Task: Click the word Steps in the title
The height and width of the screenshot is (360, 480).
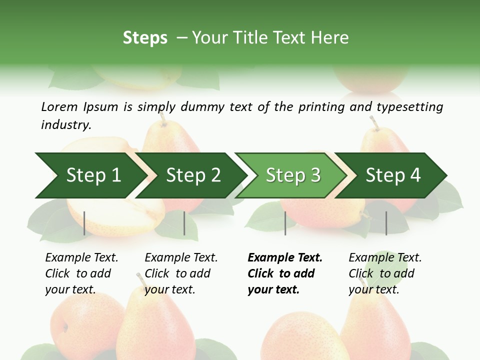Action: coord(145,38)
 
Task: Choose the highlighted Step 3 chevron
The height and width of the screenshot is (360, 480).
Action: coord(293,175)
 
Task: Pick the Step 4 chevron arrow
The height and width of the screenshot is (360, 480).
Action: coord(393,175)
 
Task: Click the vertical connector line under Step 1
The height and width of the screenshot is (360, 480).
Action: coord(84,223)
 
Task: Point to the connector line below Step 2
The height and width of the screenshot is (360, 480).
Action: coord(184,223)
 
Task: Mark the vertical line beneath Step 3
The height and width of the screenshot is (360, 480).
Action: coord(285,223)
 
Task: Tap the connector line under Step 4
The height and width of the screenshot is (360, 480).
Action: coord(386,223)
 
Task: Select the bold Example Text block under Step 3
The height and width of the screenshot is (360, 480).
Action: coord(285,273)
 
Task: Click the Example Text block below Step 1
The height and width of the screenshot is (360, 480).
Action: coord(81,273)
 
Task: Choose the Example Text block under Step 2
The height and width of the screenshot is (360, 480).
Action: coord(181,273)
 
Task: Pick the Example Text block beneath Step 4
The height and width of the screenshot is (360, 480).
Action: coord(385,273)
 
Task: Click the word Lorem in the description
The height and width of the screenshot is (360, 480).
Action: coord(59,106)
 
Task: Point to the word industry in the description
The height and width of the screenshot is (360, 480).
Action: coord(66,125)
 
